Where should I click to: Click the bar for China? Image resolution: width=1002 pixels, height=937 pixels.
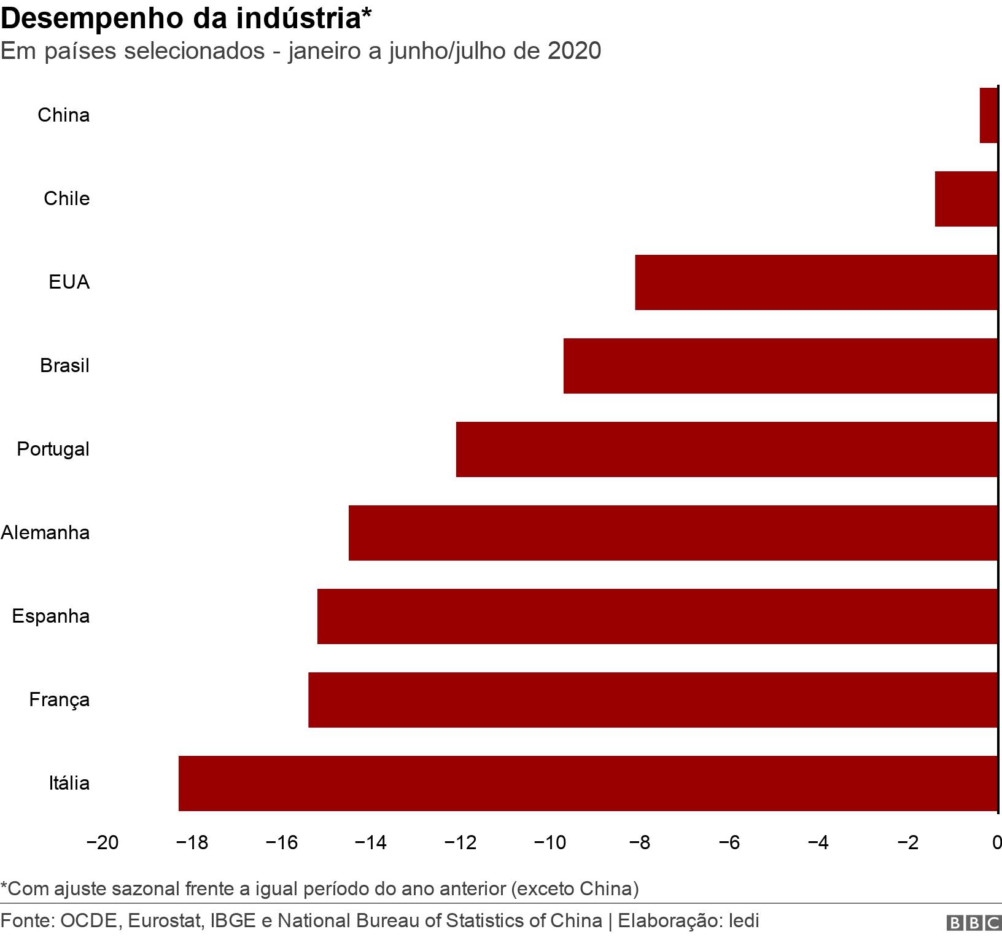click(988, 115)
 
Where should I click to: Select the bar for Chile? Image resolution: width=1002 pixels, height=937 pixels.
click(966, 199)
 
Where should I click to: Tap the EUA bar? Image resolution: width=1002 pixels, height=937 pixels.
click(816, 282)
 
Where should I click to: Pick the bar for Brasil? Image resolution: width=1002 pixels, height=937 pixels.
click(780, 366)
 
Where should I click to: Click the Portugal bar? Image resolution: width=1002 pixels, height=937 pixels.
click(726, 449)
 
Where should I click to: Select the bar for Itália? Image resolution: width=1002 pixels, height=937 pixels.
click(588, 783)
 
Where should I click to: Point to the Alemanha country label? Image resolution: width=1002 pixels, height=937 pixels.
click(45, 532)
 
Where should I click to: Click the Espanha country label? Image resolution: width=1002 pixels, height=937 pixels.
click(51, 616)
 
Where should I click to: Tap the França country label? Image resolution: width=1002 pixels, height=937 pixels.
click(60, 699)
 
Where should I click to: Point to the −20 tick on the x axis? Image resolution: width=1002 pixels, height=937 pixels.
click(103, 843)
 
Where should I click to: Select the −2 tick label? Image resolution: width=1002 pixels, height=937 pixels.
click(907, 843)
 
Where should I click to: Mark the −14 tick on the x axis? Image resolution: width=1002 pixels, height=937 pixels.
click(371, 843)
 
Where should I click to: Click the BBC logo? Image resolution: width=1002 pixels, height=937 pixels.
click(974, 923)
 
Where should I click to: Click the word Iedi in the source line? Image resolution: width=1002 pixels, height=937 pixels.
click(744, 920)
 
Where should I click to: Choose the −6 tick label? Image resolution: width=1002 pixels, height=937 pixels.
click(729, 843)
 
